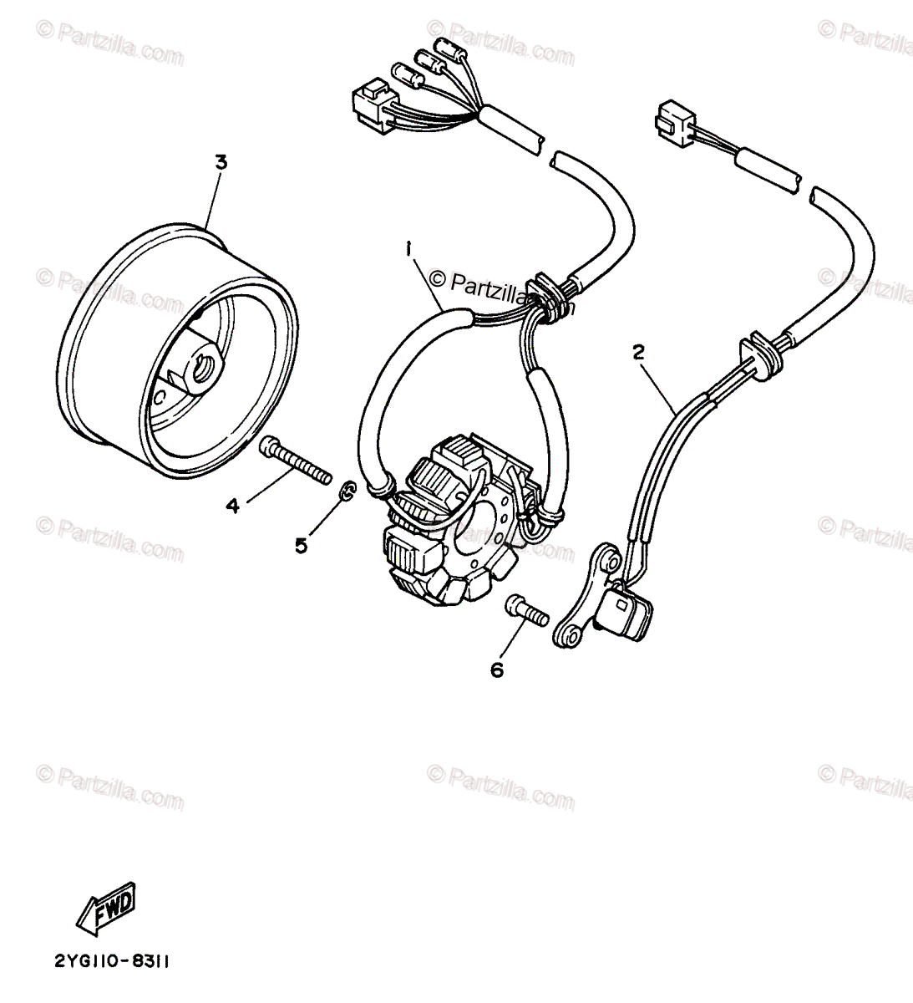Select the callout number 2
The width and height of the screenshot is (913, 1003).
point(639,354)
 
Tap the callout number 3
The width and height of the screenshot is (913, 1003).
point(221,162)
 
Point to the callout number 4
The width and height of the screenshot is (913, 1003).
point(231,505)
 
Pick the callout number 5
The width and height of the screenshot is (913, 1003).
point(301,545)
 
